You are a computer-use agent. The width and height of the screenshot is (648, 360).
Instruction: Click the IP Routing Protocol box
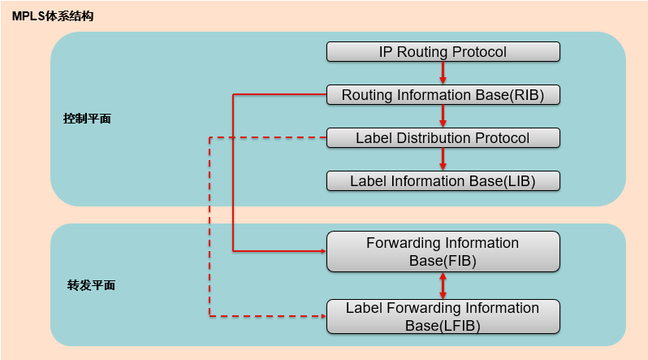[x=443, y=52]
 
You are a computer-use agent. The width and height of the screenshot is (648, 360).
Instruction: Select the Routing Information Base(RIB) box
[x=443, y=95]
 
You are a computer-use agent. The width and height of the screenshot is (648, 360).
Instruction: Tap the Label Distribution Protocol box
[x=443, y=138]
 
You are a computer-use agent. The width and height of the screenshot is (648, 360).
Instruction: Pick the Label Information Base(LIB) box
[x=443, y=181]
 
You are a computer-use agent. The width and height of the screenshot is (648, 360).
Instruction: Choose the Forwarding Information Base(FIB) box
[x=443, y=252]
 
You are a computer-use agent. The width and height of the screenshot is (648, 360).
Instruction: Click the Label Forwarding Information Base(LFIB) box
[x=443, y=317]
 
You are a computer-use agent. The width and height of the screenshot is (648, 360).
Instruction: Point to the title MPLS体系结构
[x=53, y=16]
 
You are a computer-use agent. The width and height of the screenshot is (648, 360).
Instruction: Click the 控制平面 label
[x=87, y=119]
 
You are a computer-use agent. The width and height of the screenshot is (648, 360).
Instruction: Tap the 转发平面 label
[x=91, y=285]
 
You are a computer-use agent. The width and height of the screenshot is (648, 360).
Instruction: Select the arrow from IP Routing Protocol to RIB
[x=443, y=73]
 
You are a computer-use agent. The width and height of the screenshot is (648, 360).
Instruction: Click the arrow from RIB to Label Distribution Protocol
[x=443, y=116]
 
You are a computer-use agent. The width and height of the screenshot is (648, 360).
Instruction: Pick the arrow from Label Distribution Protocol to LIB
[x=443, y=159]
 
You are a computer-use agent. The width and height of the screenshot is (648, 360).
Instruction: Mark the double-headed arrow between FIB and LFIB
[x=443, y=285]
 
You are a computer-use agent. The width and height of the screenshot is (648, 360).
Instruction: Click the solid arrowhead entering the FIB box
[x=323, y=251]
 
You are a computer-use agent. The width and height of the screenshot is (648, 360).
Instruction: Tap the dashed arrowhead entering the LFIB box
[x=323, y=316]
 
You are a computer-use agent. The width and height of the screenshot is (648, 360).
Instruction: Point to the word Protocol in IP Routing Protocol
[x=479, y=52]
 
